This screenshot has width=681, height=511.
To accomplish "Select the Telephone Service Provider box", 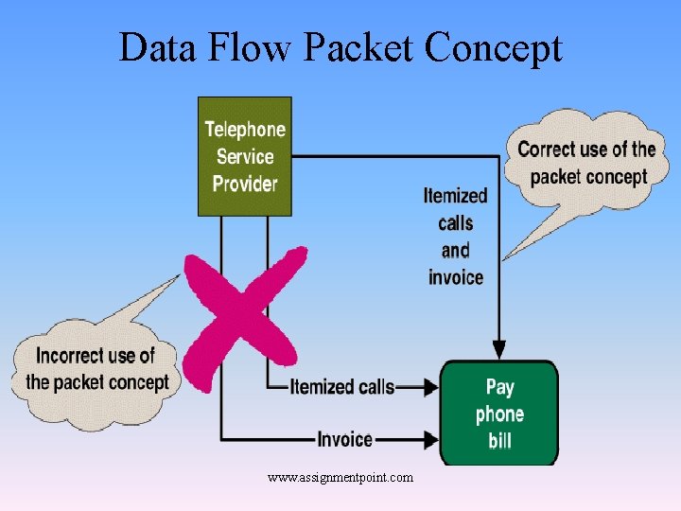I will tap(245, 156).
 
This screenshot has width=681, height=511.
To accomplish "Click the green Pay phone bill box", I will tap(499, 414).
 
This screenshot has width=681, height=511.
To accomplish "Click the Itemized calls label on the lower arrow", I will tap(341, 386).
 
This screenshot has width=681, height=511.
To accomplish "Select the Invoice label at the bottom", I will tap(344, 439).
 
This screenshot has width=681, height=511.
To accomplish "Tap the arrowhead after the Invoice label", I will tap(428, 439).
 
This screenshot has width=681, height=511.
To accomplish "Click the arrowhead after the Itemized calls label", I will tap(428, 386).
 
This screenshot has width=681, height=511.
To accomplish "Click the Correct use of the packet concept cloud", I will tap(586, 163).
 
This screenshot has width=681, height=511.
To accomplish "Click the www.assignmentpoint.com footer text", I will tap(340, 477).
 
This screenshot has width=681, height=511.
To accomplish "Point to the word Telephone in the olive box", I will tap(245, 130).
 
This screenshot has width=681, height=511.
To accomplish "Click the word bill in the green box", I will tap(499, 441).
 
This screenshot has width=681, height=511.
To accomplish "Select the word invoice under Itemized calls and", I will tap(455, 277).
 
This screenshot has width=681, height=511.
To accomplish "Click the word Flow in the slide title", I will tap(255, 48).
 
